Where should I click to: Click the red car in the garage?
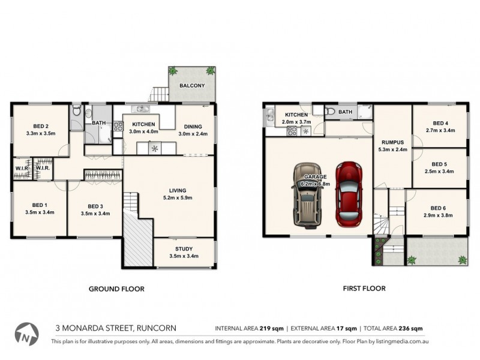[349, 193]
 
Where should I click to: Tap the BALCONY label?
[191, 86]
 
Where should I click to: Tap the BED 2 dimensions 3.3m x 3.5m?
[41, 134]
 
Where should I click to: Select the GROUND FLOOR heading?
[116, 289]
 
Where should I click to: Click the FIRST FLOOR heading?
[364, 289]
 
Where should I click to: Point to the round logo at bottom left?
[26, 334]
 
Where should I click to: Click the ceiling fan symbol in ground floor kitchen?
[155, 148]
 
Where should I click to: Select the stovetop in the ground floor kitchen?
[118, 126]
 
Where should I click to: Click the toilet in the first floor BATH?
[330, 112]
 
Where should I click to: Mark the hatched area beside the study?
[138, 239]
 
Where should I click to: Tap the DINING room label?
[193, 126]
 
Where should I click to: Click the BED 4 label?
[440, 124]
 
